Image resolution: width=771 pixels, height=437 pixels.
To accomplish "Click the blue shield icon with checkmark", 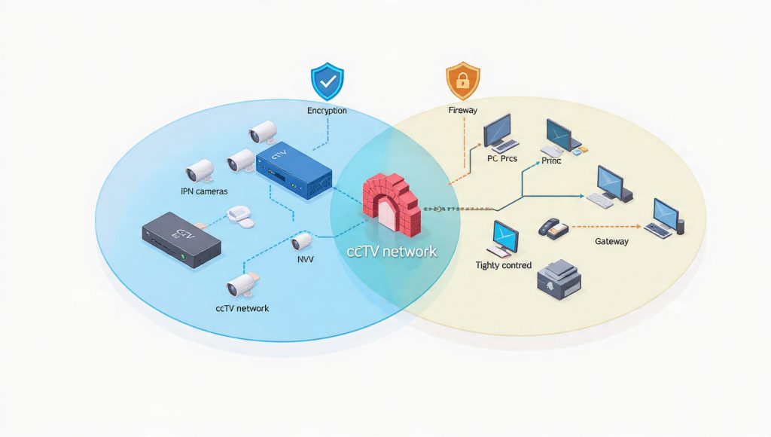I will (x=327, y=82).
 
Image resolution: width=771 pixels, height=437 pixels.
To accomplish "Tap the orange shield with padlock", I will (x=462, y=82).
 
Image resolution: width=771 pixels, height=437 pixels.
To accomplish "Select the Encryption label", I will (x=327, y=111).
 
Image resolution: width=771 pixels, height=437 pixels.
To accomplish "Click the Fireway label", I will (x=462, y=111).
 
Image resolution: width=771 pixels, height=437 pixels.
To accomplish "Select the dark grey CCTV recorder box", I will (x=181, y=240).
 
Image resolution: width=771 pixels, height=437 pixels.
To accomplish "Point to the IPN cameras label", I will (x=204, y=191).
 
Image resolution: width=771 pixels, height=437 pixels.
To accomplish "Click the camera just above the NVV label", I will (x=302, y=240).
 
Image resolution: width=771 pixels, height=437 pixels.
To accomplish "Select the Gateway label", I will (x=611, y=242).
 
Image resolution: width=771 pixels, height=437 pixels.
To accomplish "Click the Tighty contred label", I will (x=504, y=265).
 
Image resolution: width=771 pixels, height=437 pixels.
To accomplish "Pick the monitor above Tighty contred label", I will (x=502, y=238).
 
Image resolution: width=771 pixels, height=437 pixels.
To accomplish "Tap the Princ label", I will (x=552, y=160).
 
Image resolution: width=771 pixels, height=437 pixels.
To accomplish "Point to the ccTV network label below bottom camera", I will (x=242, y=308).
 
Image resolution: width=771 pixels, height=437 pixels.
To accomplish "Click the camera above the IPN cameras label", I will (x=201, y=170).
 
